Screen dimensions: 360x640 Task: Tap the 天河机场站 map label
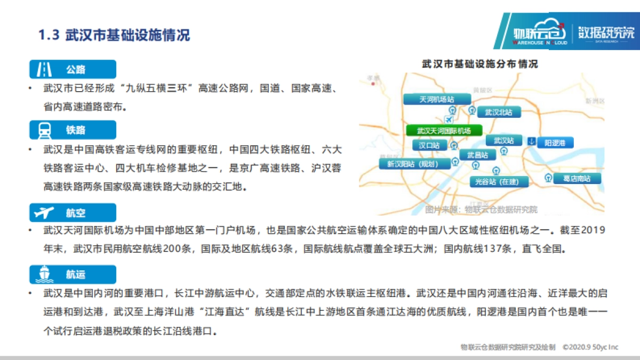(x=437, y=99)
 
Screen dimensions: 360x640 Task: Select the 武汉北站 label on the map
(x=498, y=113)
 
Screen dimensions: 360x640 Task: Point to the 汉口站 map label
(x=429, y=145)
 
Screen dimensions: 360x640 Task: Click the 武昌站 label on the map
(x=477, y=155)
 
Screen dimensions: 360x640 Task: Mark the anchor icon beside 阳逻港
(x=531, y=141)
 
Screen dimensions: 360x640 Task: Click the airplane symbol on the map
(x=448, y=118)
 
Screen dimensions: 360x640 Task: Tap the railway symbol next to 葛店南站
(x=548, y=178)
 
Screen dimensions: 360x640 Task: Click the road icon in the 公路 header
(x=44, y=69)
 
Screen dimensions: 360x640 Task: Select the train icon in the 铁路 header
(x=44, y=130)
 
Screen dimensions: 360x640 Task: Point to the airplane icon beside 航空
(x=44, y=213)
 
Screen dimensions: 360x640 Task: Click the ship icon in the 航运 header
(x=44, y=274)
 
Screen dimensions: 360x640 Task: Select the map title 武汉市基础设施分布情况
(x=479, y=64)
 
